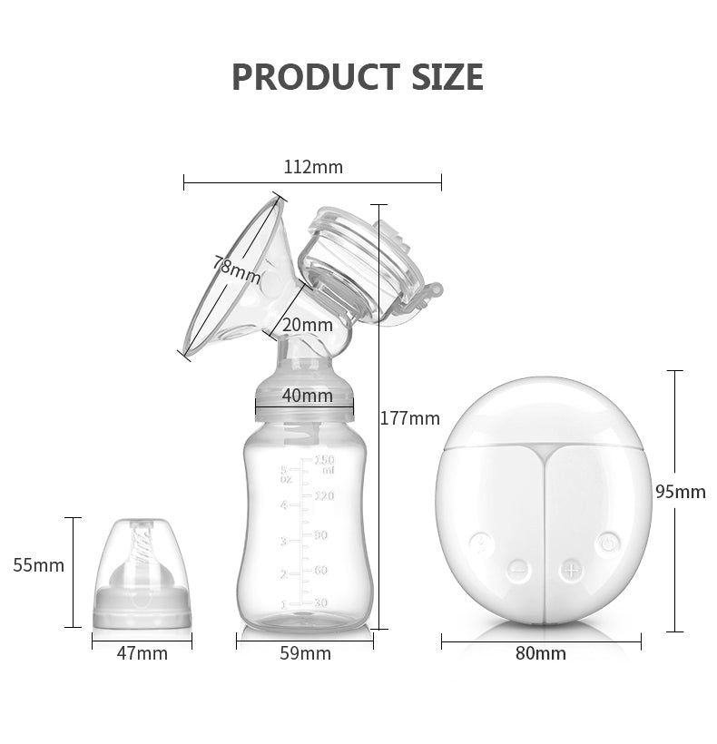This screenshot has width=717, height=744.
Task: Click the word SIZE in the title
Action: (x=447, y=77)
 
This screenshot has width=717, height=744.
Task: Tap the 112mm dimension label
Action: (x=313, y=167)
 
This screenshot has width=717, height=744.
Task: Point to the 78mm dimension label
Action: (x=236, y=270)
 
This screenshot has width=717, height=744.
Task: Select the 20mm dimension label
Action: (x=308, y=325)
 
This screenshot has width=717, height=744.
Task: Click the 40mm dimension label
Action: (x=308, y=396)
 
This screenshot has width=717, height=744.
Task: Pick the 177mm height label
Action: (x=410, y=418)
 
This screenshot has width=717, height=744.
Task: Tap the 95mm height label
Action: (x=681, y=492)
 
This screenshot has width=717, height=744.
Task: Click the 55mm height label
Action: (x=38, y=565)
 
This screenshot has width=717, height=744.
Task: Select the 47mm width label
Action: (x=142, y=654)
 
